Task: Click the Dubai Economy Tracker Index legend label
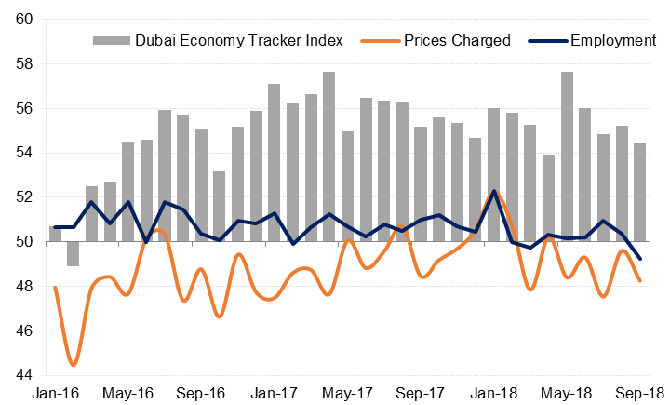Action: pyautogui.click(x=239, y=41)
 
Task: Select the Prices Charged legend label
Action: pyautogui.click(x=456, y=41)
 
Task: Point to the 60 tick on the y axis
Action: pyautogui.click(x=25, y=20)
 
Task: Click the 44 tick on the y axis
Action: pyautogui.click(x=25, y=375)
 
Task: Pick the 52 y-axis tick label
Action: pyautogui.click(x=25, y=197)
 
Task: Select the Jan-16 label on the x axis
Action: pyautogui.click(x=55, y=394)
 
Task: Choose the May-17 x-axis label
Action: pyautogui.click(x=346, y=394)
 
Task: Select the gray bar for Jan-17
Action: pyautogui.click(x=274, y=163)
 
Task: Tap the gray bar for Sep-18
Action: pyautogui.click(x=639, y=193)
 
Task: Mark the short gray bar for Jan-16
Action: pyautogui.click(x=55, y=234)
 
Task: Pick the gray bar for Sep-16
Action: pyautogui.click(x=201, y=185)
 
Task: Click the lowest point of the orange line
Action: pyautogui.click(x=74, y=364)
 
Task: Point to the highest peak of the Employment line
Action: pyautogui.click(x=493, y=191)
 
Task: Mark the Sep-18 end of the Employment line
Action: pyautogui.click(x=639, y=259)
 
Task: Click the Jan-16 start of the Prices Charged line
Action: pyautogui.click(x=55, y=287)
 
